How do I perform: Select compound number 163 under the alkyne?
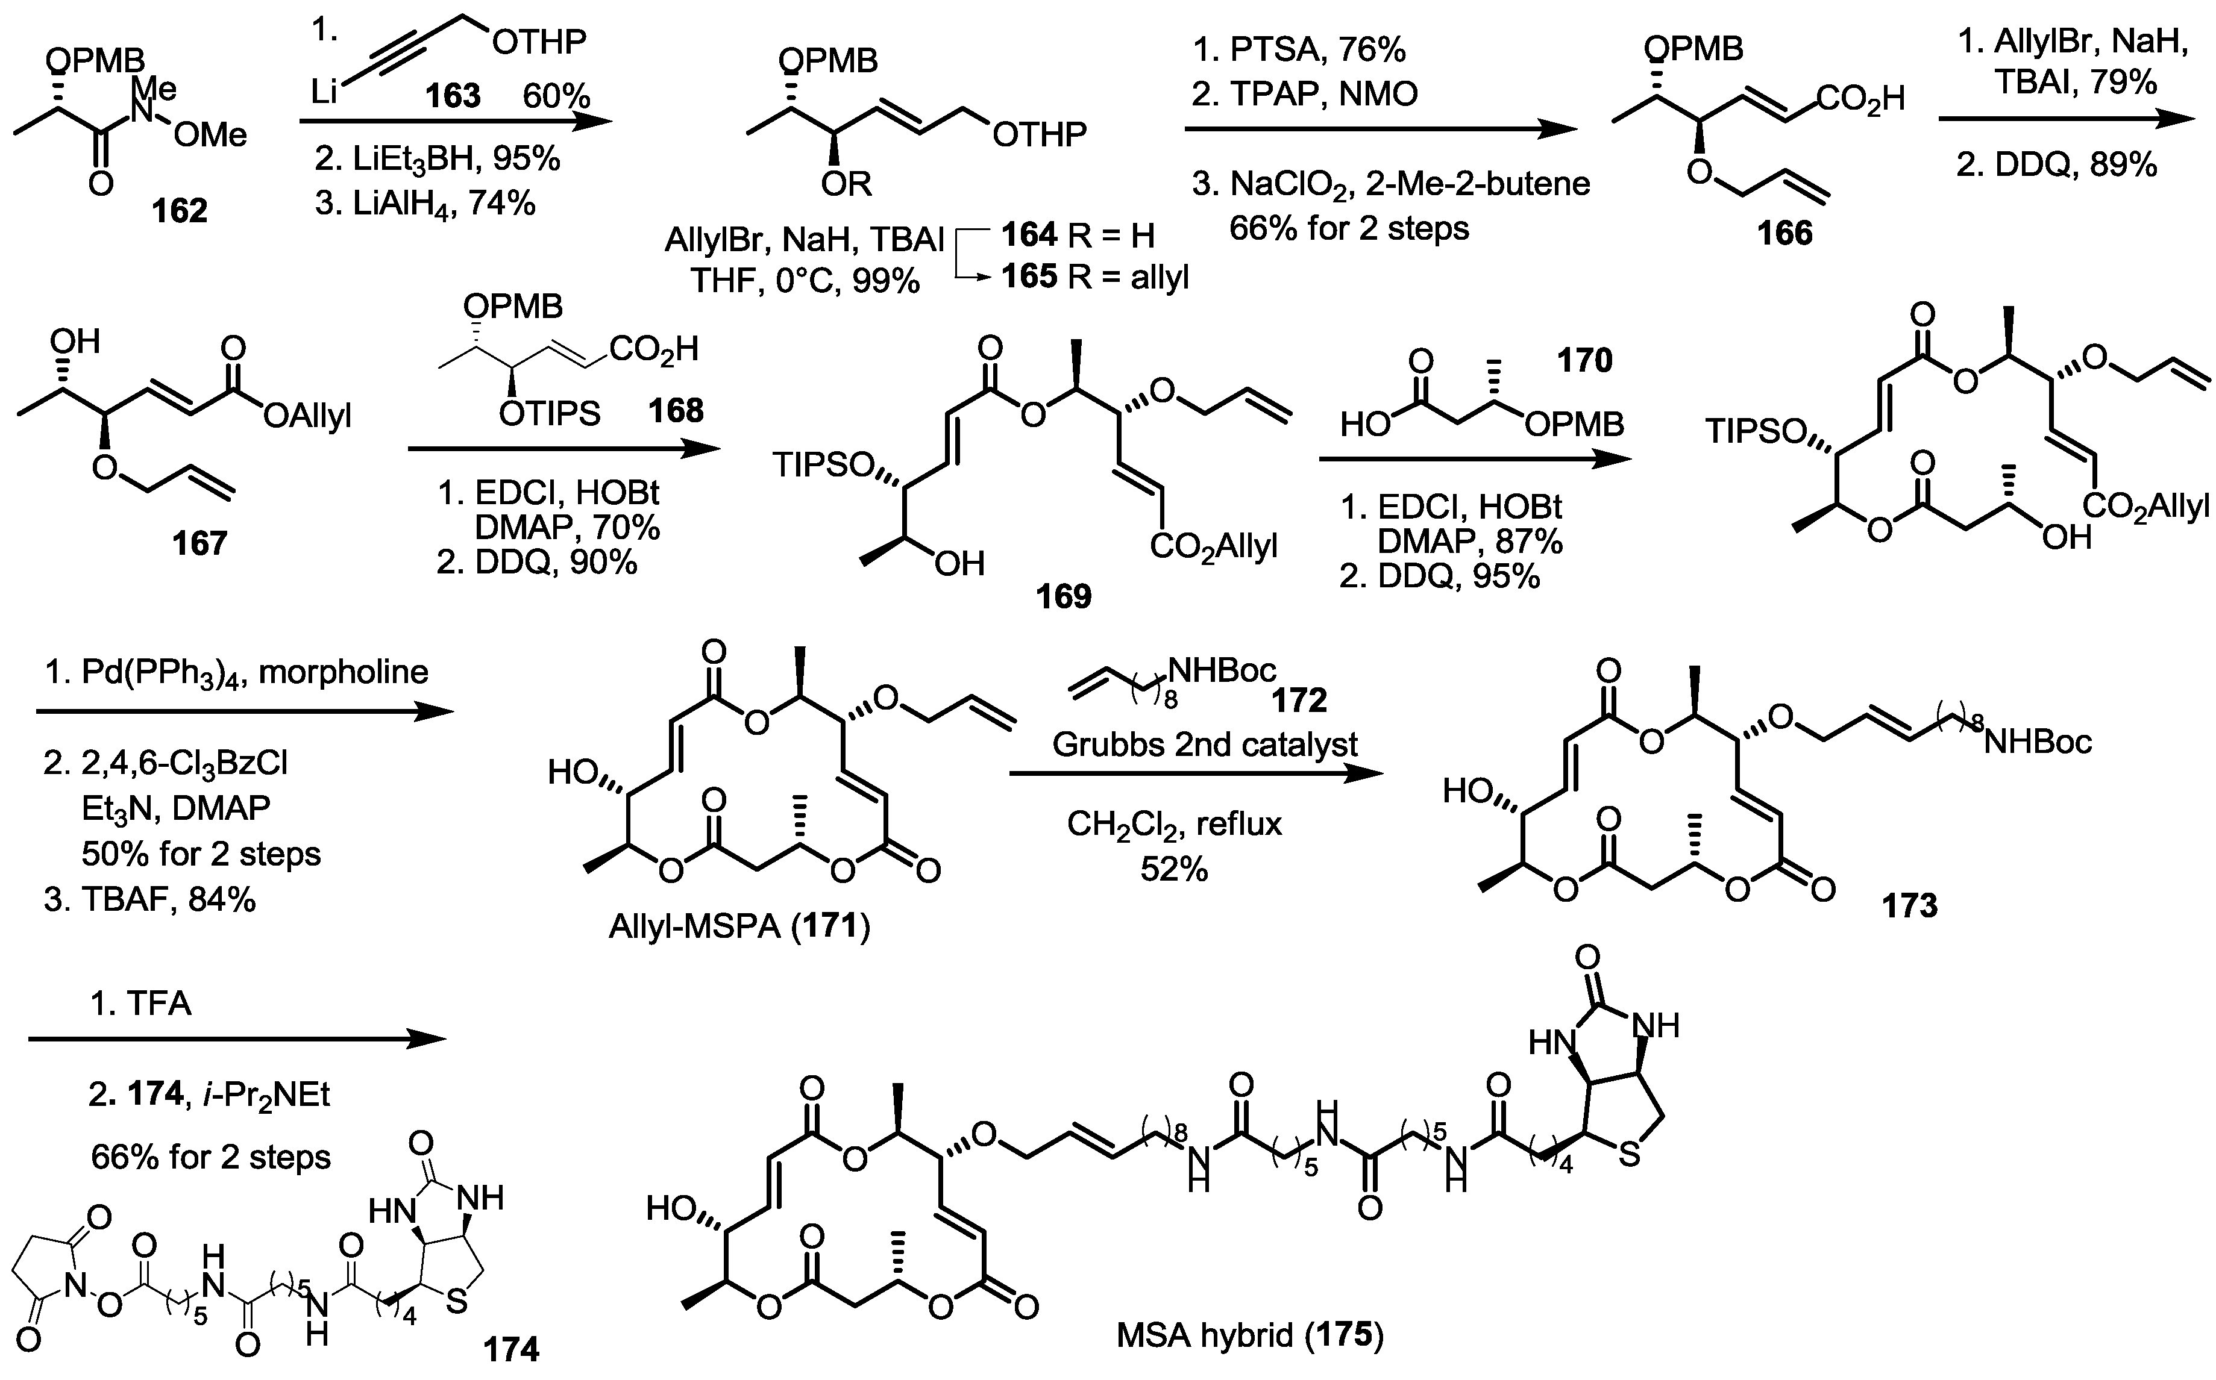pos(454,95)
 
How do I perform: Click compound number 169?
pos(1063,597)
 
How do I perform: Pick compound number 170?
pos(1585,361)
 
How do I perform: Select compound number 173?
pos(1909,905)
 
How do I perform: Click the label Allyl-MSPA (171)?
pos(739,927)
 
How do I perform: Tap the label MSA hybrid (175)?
pos(1249,1336)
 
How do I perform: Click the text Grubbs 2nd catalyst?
pos(1205,745)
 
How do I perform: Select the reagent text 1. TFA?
pos(140,1004)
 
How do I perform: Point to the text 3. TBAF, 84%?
pos(151,900)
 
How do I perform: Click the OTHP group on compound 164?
pos(1039,135)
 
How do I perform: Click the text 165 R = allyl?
pos(1095,276)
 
